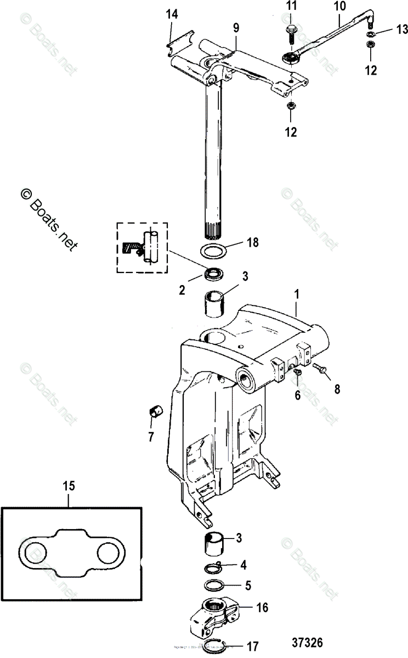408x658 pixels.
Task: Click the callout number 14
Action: pos(172,15)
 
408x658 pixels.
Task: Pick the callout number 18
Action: pos(252,241)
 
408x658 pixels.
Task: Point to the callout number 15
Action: pos(69,485)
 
